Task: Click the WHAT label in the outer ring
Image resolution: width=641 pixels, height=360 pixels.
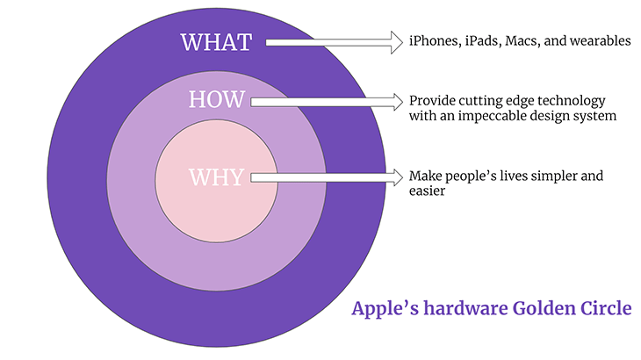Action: click(x=216, y=41)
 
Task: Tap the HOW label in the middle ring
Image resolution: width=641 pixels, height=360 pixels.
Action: click(x=216, y=100)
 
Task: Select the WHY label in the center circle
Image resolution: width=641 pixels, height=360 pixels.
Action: click(x=216, y=177)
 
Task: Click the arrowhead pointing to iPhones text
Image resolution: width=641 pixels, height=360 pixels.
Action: click(x=395, y=40)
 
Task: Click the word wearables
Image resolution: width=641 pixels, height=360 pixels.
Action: click(x=600, y=41)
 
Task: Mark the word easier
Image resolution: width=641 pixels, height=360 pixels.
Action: click(x=427, y=191)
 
